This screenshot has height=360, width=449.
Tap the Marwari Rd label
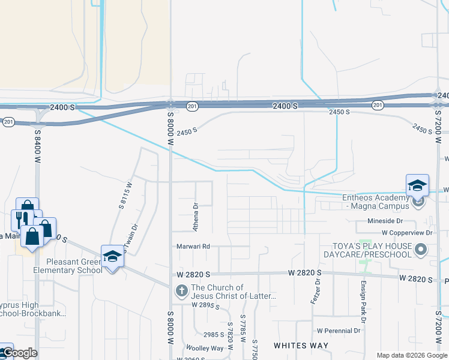(193, 246)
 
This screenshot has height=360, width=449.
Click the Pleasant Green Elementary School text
(65, 266)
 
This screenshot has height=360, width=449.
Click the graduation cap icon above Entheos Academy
(417, 185)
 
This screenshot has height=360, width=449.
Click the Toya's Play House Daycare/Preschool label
(373, 250)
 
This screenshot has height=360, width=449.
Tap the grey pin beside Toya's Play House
(421, 249)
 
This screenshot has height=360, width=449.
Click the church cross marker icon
(181, 291)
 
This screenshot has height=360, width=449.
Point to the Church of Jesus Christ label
(233, 292)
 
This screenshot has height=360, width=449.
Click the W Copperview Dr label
(407, 232)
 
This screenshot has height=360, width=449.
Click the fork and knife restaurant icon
(19, 219)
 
